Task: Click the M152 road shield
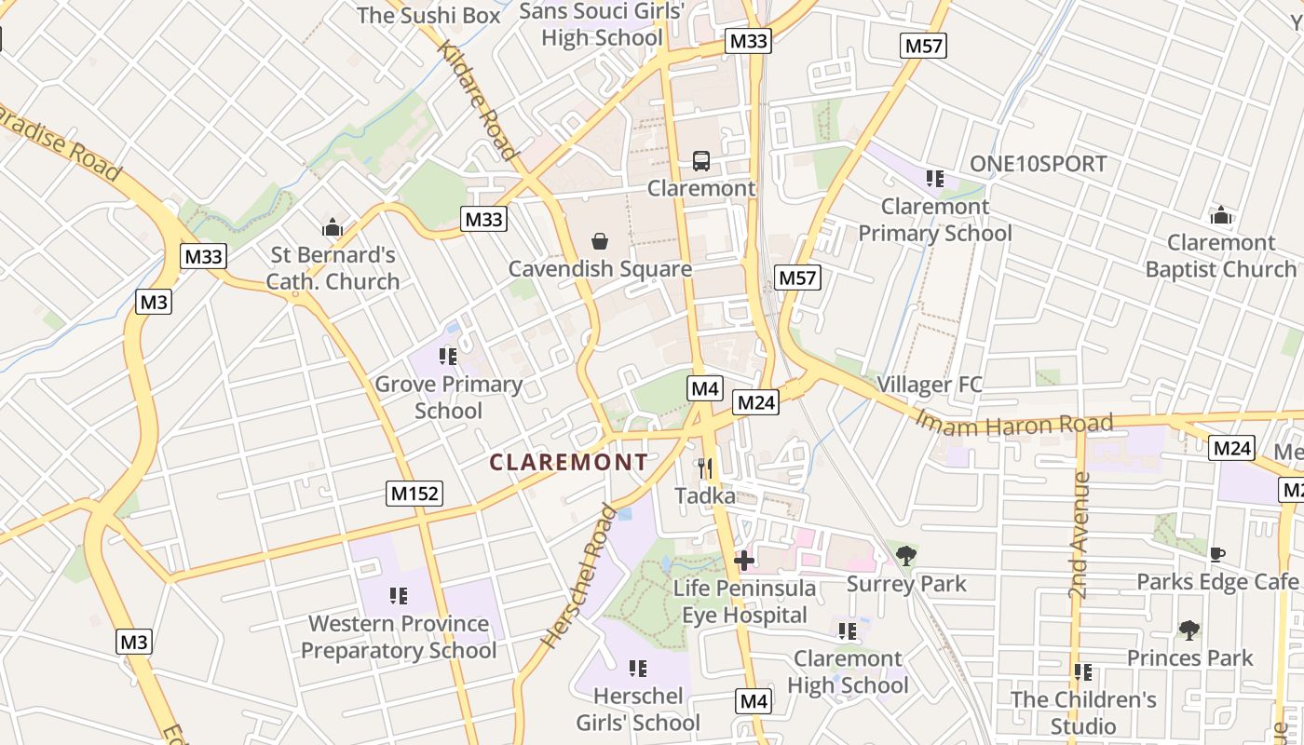(414, 494)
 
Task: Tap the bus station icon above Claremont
(701, 161)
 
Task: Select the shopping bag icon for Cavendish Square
(600, 242)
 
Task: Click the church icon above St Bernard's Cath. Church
(333, 227)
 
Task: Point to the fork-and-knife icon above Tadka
(705, 468)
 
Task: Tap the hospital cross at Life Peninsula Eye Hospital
(743, 561)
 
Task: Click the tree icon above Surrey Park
(905, 557)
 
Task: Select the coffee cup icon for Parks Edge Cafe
(1216, 555)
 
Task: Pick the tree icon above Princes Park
(1189, 630)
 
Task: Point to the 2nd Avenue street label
(1080, 535)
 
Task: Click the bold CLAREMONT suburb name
(568, 462)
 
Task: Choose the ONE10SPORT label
(1038, 164)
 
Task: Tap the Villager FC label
(930, 385)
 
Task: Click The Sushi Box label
(428, 15)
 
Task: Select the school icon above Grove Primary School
(448, 357)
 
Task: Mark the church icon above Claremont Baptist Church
(1220, 216)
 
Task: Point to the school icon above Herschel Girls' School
(638, 669)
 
